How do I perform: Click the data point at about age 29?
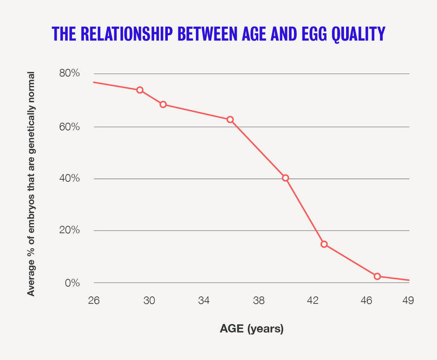point(140,90)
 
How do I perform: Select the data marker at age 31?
point(163,104)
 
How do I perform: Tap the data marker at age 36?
point(230,120)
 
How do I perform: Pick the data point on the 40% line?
point(285,178)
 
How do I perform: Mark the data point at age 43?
point(324,244)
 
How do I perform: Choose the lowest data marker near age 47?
point(377,277)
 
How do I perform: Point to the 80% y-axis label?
point(69,73)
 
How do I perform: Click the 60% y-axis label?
point(69,127)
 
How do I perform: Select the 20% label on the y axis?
point(69,230)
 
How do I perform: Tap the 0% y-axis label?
point(73,283)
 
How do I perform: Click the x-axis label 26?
point(94,301)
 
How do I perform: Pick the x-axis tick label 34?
point(204,301)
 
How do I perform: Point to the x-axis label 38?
point(259,301)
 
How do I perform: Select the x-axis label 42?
point(313,301)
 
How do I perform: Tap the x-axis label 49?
point(408,301)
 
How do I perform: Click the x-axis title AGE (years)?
point(252,329)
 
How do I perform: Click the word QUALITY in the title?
point(358,34)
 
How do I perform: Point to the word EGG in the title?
point(314,34)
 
